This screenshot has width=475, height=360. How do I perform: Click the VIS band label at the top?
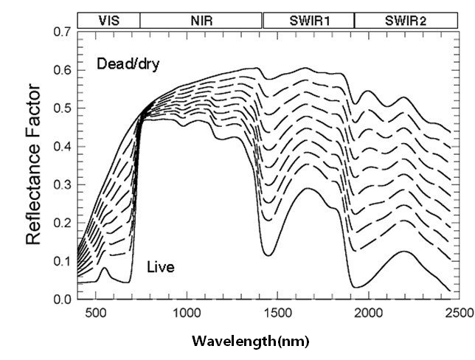(x=107, y=21)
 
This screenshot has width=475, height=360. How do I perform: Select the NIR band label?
(x=201, y=21)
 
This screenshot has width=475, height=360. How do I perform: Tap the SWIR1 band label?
(x=308, y=21)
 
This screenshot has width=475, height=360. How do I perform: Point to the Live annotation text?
(x=160, y=266)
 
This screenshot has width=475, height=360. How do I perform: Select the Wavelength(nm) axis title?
(x=251, y=342)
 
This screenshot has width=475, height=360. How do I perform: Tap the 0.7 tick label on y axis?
(x=62, y=32)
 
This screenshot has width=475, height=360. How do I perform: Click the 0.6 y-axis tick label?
(x=62, y=71)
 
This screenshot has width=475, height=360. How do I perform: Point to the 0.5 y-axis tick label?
(x=62, y=108)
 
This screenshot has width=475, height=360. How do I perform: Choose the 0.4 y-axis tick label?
(x=62, y=147)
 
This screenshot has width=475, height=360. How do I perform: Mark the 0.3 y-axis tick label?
(x=62, y=184)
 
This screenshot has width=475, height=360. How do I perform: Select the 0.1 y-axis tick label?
(x=62, y=261)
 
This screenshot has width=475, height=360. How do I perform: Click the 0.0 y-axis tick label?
(x=62, y=299)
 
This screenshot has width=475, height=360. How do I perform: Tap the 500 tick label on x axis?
(x=94, y=312)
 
